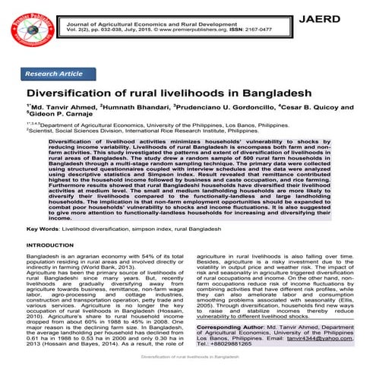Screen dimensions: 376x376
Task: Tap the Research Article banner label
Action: point(55,74)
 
